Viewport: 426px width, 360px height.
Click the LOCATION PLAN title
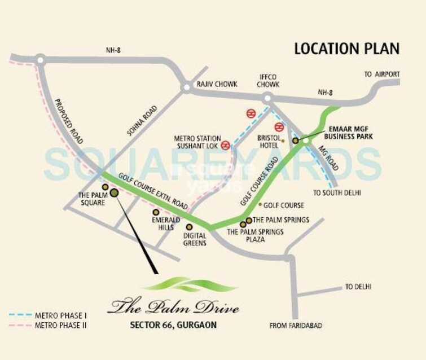click(346, 49)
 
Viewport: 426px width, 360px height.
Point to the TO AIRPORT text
click(381, 74)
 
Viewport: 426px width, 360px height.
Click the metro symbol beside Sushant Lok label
click(226, 146)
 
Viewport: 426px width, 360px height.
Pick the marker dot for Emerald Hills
click(156, 212)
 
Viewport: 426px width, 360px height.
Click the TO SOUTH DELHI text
click(337, 193)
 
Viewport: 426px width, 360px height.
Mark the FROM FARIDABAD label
click(294, 326)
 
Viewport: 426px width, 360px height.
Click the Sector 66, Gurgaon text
click(173, 325)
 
